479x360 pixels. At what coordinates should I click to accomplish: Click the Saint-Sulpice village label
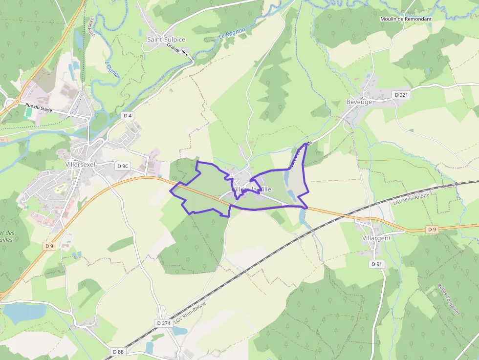pos(166,39)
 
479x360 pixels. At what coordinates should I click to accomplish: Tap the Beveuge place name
pos(359,102)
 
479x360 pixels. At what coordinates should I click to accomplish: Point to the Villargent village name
pos(376,238)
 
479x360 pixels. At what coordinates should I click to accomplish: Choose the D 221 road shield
pos(402,94)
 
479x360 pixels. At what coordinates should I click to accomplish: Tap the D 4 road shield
pos(128,116)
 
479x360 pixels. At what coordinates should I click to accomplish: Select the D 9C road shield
pos(123,166)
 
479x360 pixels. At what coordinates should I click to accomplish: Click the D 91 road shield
pos(376,264)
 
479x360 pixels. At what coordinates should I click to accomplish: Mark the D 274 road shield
pos(163,323)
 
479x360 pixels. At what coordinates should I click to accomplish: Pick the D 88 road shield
pos(118,351)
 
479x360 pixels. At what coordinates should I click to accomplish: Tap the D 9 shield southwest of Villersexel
pos(49,246)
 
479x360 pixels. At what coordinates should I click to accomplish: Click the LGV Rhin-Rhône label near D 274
pos(190,315)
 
